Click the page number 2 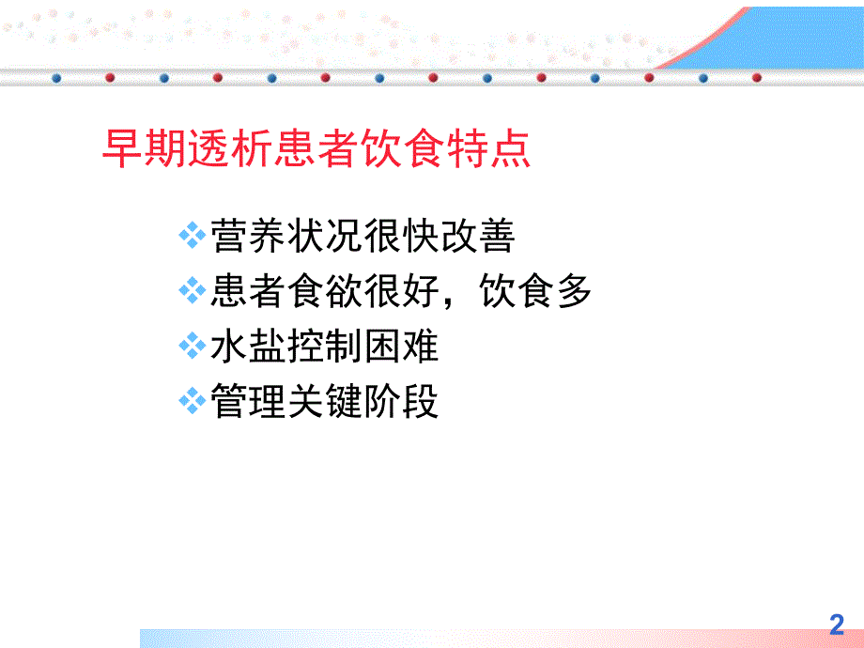[837, 625]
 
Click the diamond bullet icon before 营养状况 [192, 236]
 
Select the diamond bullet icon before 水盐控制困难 [192, 347]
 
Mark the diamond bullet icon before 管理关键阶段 [192, 403]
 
